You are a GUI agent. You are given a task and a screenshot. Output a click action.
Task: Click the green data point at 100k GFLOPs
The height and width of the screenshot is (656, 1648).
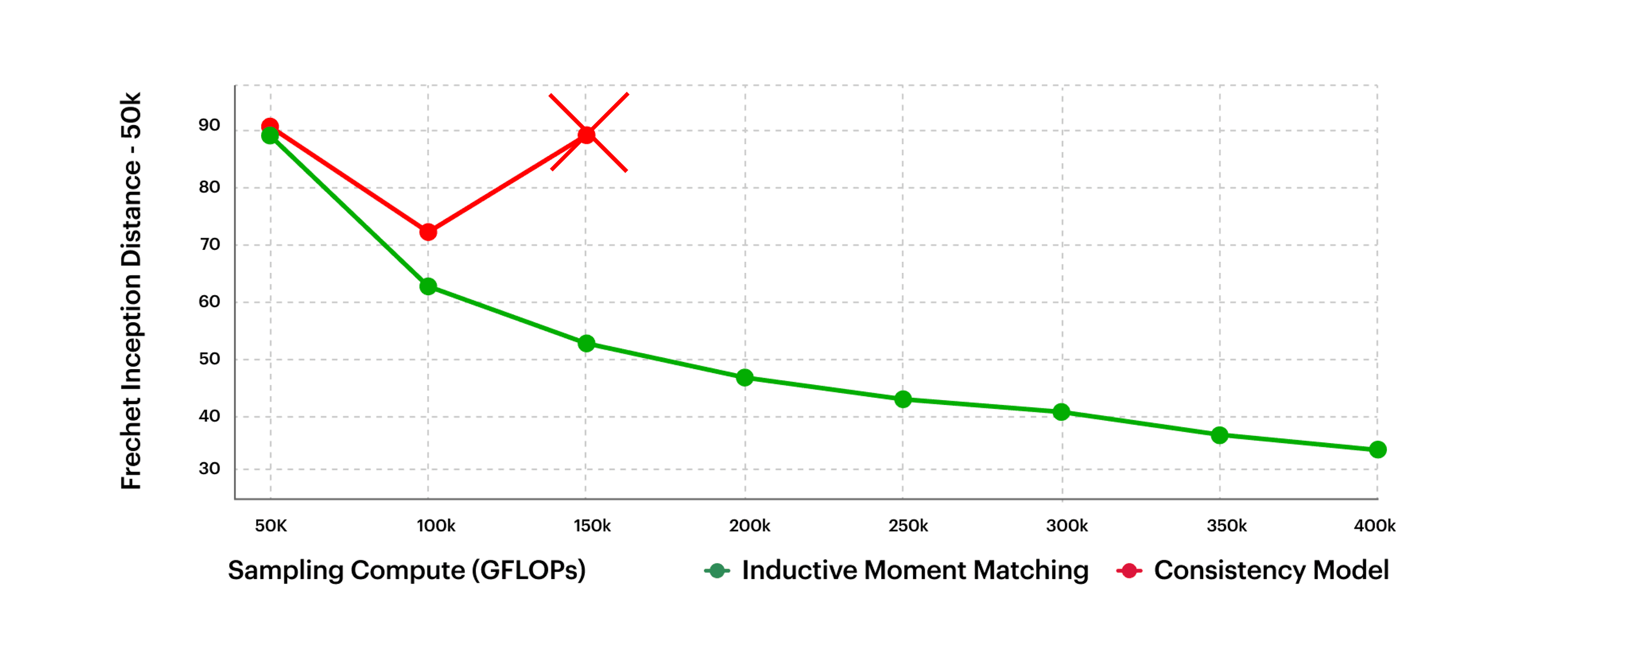428,286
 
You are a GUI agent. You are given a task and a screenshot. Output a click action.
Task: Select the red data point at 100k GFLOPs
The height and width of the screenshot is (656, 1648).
428,232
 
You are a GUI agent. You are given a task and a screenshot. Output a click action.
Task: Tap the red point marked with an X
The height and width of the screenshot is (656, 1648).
587,134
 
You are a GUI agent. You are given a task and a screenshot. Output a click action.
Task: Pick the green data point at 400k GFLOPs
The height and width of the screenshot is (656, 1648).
1378,450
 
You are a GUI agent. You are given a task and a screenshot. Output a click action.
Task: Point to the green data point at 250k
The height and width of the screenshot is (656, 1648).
903,400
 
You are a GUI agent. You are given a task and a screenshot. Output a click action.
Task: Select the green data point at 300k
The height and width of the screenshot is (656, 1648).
1061,412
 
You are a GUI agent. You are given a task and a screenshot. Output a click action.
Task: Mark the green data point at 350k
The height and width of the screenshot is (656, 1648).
1219,435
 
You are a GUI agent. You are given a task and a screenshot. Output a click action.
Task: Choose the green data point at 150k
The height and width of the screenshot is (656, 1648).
586,344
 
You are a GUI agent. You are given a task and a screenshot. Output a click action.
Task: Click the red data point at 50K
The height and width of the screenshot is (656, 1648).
270,126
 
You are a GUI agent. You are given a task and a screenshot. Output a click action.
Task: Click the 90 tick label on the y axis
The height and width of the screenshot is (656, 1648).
209,126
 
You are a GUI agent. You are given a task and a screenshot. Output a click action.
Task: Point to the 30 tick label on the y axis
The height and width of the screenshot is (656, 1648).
209,468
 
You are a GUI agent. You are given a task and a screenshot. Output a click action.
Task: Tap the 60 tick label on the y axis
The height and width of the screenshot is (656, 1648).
209,302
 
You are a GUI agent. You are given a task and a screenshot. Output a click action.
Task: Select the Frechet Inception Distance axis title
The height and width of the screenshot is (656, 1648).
131,291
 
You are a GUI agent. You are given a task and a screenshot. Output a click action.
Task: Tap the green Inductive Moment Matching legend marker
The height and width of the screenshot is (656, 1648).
717,570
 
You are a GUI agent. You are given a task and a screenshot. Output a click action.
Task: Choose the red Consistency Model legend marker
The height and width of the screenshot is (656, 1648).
1129,570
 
